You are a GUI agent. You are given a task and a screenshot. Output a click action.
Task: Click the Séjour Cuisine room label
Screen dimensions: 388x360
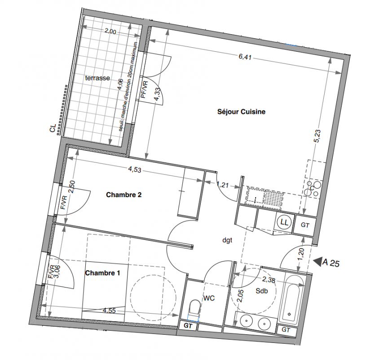click(241, 112)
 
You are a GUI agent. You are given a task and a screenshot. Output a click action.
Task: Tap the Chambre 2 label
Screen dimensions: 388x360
click(124, 195)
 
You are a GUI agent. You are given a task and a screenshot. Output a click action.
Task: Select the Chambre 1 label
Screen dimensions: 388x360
click(102, 273)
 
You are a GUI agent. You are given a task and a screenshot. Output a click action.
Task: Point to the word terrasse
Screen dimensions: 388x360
click(97, 78)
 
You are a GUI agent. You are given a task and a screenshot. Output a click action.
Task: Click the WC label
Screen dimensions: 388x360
click(209, 298)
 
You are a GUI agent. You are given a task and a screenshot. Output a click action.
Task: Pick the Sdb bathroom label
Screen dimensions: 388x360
click(261, 291)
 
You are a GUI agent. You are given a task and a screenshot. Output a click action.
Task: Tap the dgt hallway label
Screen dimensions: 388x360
click(227, 240)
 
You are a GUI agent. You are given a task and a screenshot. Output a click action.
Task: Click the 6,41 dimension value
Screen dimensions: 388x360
click(245, 57)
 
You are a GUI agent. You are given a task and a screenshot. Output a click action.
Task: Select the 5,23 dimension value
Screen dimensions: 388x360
click(317, 136)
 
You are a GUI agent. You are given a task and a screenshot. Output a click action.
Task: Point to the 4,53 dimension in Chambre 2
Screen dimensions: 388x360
click(135, 170)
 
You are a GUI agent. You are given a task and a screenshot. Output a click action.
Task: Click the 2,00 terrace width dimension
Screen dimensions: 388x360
click(110, 31)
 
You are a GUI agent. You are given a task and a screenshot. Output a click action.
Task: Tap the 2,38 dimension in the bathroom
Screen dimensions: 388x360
click(269, 279)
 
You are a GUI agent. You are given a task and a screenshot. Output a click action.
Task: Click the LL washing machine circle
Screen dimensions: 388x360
click(284, 222)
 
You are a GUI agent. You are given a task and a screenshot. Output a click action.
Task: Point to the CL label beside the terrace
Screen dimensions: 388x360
click(53, 129)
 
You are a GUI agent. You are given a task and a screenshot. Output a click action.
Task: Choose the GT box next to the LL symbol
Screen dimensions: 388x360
click(305, 225)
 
